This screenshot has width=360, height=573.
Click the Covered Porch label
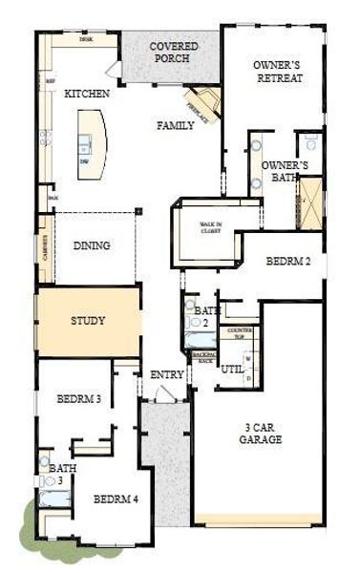172,51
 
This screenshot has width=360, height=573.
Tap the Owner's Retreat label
278,71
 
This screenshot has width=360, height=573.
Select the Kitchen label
86,95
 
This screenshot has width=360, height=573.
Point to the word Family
177,125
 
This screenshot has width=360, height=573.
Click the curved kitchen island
95,143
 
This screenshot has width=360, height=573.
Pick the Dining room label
92,245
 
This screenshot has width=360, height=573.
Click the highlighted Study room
88,321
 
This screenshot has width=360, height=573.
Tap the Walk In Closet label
211,228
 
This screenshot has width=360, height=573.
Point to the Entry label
167,374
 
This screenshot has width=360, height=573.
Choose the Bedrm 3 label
78,398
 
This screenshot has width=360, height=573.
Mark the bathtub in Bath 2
201,340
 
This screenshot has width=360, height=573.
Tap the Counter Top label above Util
240,332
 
